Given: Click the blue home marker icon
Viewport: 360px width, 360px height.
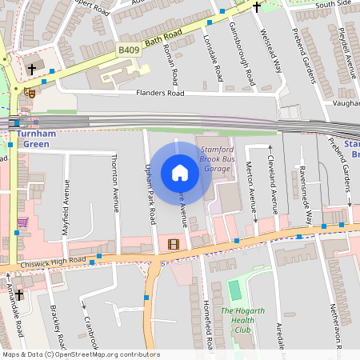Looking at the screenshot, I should [180, 173].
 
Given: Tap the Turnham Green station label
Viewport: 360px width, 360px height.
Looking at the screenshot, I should [35, 139].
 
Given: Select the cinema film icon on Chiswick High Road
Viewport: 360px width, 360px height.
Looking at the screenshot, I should [174, 244].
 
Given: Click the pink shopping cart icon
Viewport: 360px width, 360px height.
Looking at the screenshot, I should [22, 222].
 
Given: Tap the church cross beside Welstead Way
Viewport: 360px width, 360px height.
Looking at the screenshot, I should [257, 7].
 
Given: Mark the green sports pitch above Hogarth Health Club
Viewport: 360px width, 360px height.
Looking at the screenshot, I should [234, 290].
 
